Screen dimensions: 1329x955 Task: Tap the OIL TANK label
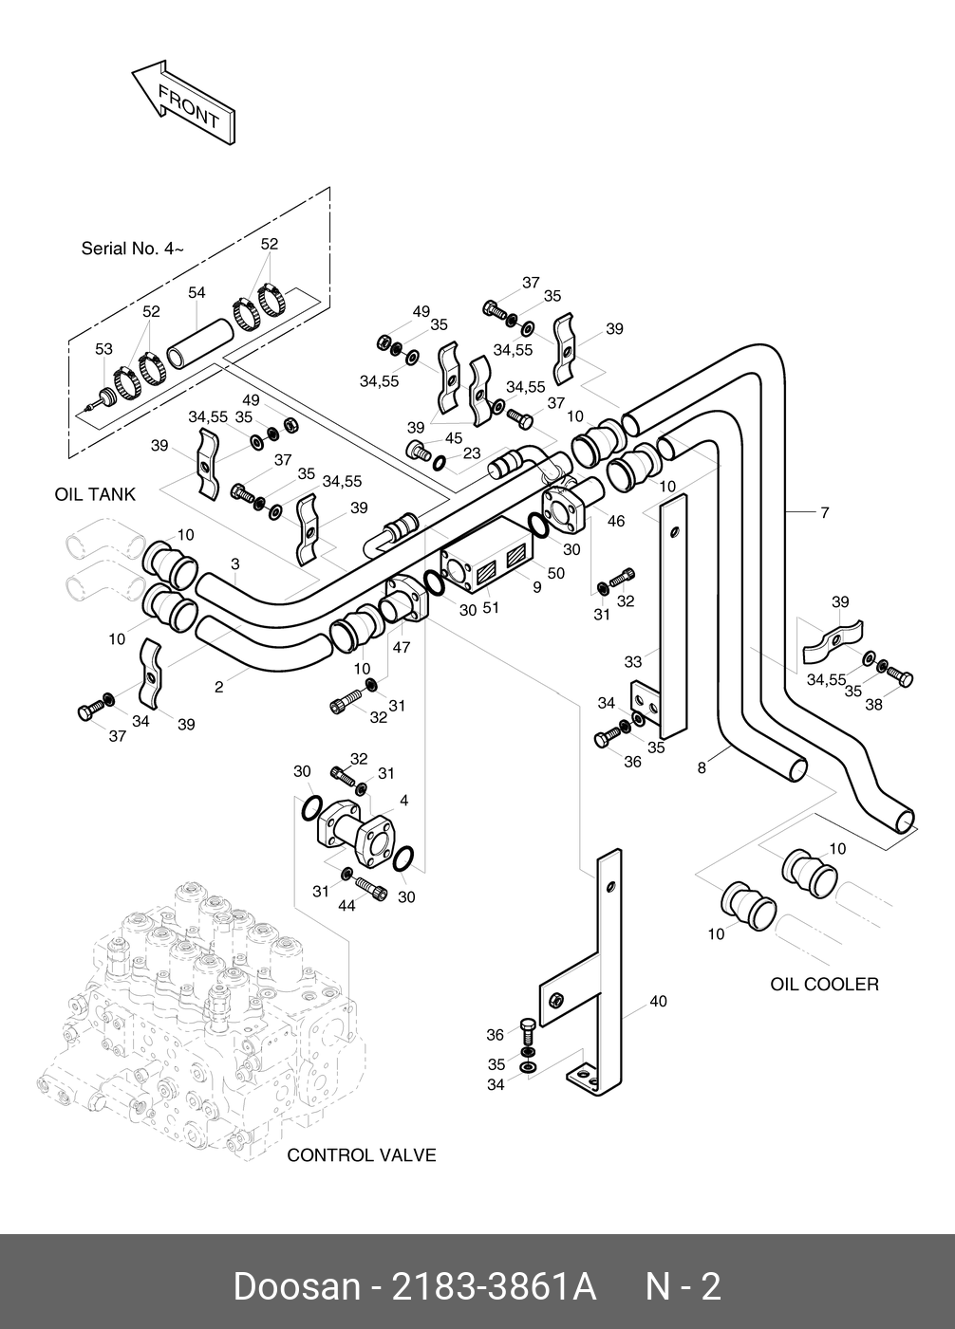(95, 494)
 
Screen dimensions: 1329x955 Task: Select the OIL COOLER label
(824, 984)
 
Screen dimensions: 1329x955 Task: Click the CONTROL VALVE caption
(361, 1154)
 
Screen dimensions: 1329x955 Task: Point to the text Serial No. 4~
(132, 249)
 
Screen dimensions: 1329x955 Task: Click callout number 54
(197, 293)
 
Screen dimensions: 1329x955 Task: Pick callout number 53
(103, 350)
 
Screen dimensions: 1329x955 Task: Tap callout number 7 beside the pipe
(825, 513)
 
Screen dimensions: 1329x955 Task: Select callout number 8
(702, 768)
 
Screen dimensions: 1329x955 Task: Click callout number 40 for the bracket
(658, 1001)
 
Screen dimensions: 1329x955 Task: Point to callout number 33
(633, 661)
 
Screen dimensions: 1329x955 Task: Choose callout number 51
(491, 608)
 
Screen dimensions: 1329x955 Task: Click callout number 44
(346, 906)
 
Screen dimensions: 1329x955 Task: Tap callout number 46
(616, 521)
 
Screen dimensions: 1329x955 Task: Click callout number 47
(402, 647)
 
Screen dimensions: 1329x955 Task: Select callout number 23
(472, 453)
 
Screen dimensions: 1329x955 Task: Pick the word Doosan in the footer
(296, 1287)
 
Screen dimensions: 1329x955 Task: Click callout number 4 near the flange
(403, 801)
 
